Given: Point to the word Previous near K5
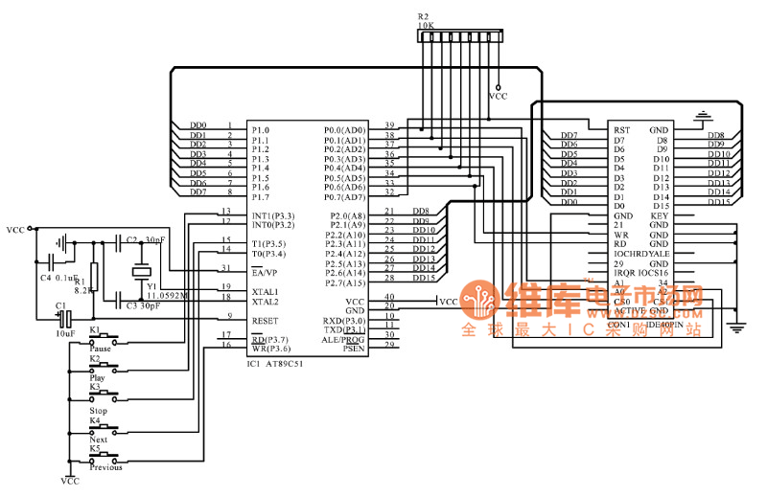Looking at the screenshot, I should click(x=105, y=467).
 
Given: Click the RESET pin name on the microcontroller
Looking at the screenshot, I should click(x=265, y=321).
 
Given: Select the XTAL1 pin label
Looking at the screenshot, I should click(x=265, y=291).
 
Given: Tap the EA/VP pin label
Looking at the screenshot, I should click(x=265, y=272).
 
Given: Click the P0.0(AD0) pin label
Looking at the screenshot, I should click(x=344, y=129).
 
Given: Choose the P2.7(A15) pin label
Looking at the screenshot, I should click(x=344, y=282).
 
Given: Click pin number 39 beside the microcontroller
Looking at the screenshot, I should click(x=389, y=125).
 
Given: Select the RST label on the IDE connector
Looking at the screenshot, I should click(x=622, y=130).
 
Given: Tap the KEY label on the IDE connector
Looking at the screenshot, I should click(x=659, y=215).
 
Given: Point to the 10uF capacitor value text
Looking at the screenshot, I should click(x=63, y=333).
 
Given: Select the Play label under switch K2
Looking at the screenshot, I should click(x=98, y=378).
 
